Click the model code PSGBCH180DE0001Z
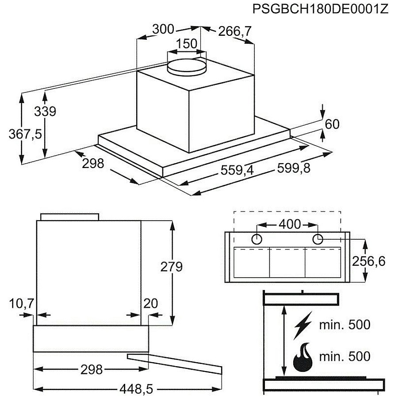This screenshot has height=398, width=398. click(x=320, y=9)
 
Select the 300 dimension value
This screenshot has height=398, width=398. click(x=163, y=29)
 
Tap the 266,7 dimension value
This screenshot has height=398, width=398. click(x=234, y=31)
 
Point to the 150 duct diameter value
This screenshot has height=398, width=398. click(x=187, y=44)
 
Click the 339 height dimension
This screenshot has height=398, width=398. click(x=45, y=111)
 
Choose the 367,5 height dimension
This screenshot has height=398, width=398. click(x=25, y=134)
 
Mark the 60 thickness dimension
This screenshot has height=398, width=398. click(x=332, y=124)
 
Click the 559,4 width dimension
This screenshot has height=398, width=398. click(x=237, y=170)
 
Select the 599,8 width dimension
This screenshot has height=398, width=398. click(x=294, y=168)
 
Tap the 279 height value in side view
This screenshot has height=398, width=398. click(x=172, y=267)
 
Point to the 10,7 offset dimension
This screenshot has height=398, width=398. click(x=22, y=303)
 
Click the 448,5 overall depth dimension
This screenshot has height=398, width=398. click(x=137, y=389)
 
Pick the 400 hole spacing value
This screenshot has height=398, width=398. click(x=290, y=224)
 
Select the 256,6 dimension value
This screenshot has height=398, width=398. click(x=369, y=261)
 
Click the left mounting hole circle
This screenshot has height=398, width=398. click(x=256, y=239)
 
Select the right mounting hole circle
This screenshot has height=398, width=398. click(x=318, y=239)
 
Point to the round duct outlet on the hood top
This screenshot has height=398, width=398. click(x=187, y=67)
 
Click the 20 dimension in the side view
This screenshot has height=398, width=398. click(x=150, y=303)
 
